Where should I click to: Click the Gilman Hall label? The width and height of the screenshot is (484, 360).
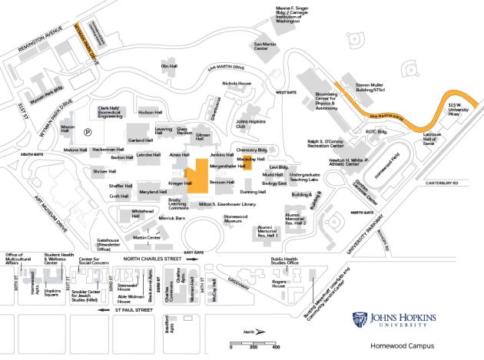point(203,137)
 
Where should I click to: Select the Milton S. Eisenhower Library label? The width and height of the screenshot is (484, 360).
point(227,205)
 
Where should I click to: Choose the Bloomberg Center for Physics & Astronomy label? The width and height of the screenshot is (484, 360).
point(327,101)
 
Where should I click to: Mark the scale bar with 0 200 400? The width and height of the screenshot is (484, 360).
point(253,343)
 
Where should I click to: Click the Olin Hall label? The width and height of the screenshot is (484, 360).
point(169,66)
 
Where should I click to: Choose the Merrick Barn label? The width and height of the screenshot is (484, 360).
point(172,218)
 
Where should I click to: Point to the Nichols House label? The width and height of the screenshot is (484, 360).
point(236,83)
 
